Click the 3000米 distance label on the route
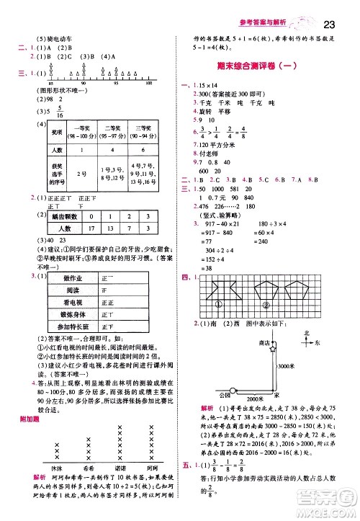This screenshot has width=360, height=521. [287, 367]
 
